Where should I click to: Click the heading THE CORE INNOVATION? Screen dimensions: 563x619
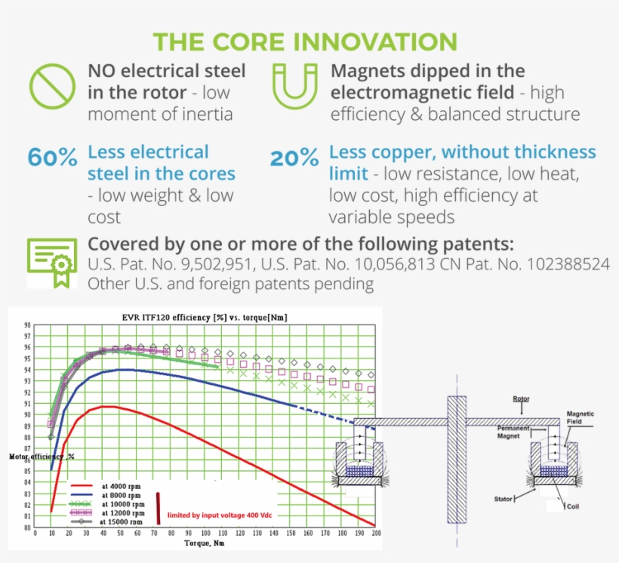point(305,42)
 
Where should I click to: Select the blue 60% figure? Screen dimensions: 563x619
point(52,158)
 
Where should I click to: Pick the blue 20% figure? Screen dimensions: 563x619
point(294,158)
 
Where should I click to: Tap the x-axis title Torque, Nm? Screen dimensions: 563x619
point(205,542)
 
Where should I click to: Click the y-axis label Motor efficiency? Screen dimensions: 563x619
point(42,456)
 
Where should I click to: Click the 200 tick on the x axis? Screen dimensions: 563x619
point(375,533)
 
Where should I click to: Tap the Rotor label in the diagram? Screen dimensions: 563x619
point(521,398)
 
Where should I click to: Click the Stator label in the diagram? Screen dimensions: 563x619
point(504,499)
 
